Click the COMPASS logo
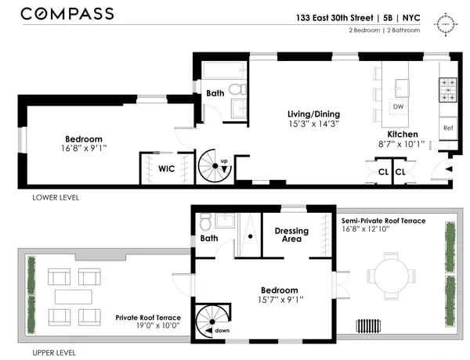[x=67, y=14]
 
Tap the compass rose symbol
[x=446, y=24]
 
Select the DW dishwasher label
[x=398, y=106]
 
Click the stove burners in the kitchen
[x=448, y=90]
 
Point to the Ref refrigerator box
[x=448, y=128]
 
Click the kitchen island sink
[x=402, y=88]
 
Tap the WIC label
[x=166, y=168]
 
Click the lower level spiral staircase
[x=215, y=166]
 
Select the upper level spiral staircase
[x=212, y=322]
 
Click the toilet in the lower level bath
[x=237, y=89]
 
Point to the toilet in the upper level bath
[x=205, y=221]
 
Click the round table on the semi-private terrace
[x=391, y=275]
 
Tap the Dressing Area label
[x=291, y=235]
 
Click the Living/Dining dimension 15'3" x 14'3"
[x=313, y=124]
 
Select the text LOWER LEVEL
[x=56, y=198]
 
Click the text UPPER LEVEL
[x=54, y=353]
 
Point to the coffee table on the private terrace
[x=74, y=297]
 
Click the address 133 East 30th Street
[x=334, y=18]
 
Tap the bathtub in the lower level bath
[x=224, y=70]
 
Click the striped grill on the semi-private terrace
[x=368, y=326]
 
